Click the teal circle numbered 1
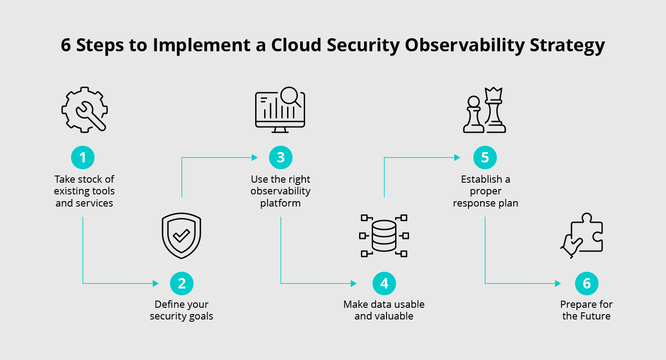(x=83, y=157)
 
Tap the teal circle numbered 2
(x=182, y=283)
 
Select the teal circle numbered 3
(x=281, y=157)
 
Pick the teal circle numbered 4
(x=384, y=283)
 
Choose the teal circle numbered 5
(x=485, y=157)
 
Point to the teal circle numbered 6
(x=586, y=283)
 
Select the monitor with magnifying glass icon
(x=280, y=110)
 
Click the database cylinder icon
(x=384, y=236)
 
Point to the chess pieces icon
(x=485, y=110)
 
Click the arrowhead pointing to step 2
(x=156, y=283)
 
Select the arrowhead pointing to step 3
(x=255, y=157)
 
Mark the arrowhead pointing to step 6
(x=558, y=283)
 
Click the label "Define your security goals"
(x=181, y=310)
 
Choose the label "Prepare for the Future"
(x=586, y=310)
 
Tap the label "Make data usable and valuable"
(x=384, y=310)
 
